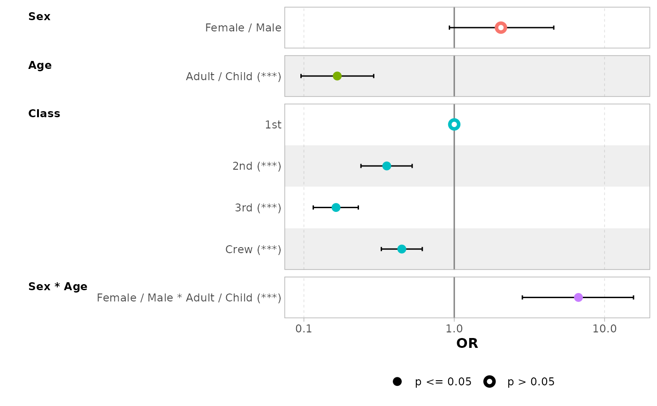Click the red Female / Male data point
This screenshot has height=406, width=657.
[x=501, y=28]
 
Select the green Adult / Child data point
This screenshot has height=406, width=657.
[x=337, y=76]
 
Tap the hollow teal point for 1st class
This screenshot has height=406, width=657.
[x=454, y=124]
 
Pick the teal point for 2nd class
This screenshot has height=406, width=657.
[x=386, y=166]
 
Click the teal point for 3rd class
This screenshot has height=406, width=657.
[x=336, y=207]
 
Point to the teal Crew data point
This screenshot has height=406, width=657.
[x=402, y=249]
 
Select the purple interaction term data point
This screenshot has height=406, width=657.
[x=578, y=297]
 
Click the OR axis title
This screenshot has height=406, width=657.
[x=467, y=344]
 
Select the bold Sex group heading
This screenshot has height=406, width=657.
[x=39, y=17]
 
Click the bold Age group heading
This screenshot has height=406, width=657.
[x=40, y=66]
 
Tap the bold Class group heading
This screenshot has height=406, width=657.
[x=44, y=114]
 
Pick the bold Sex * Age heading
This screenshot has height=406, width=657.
[x=58, y=287]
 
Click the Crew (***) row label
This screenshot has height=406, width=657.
[x=253, y=249]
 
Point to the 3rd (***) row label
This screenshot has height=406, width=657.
[x=258, y=208]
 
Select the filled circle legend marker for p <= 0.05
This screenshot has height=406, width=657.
[x=397, y=382]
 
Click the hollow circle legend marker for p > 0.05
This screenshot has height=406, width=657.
[x=489, y=382]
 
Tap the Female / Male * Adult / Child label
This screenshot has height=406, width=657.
[x=189, y=298]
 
